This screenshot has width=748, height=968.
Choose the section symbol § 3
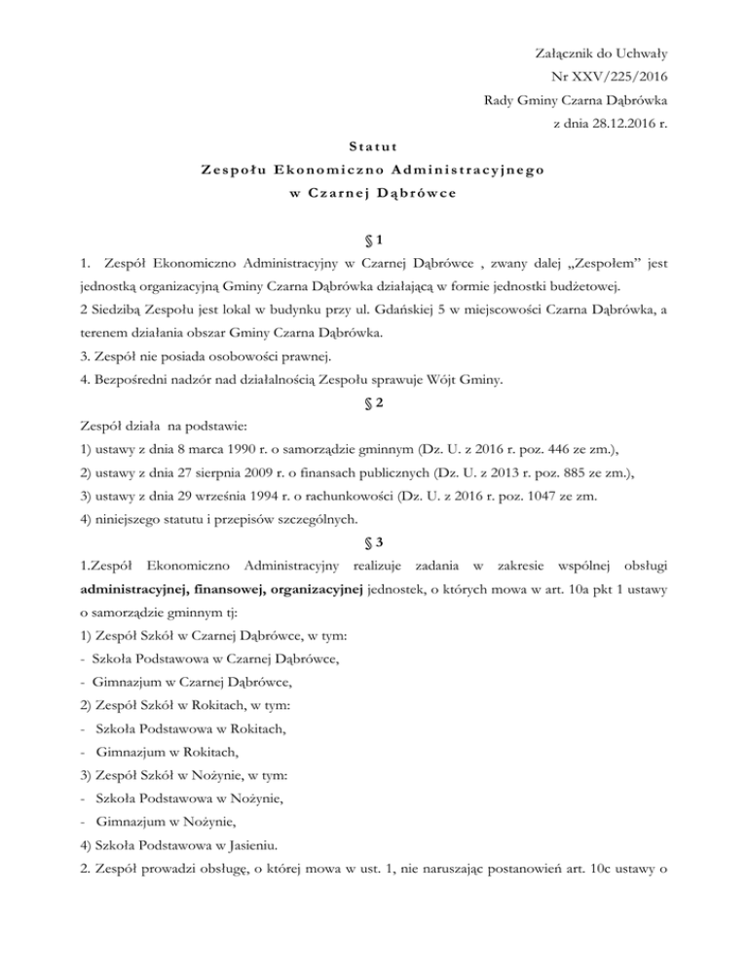375,540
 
